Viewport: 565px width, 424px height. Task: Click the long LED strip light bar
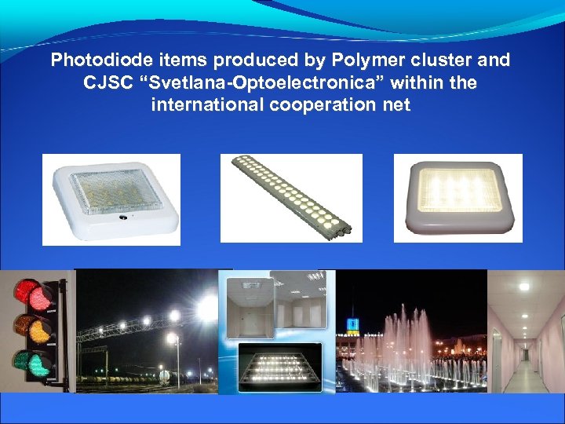(x=290, y=199)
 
